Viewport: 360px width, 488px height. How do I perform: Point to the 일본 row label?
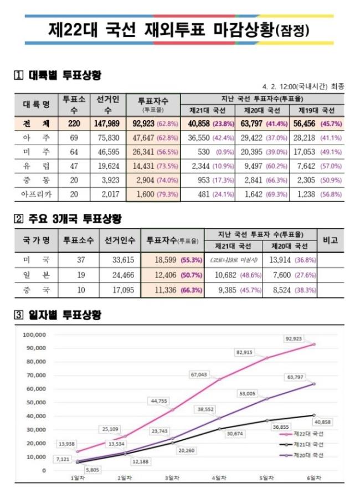click(38, 274)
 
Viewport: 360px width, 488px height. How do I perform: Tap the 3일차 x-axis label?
click(171, 477)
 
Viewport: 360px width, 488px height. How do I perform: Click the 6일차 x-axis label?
click(314, 477)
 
